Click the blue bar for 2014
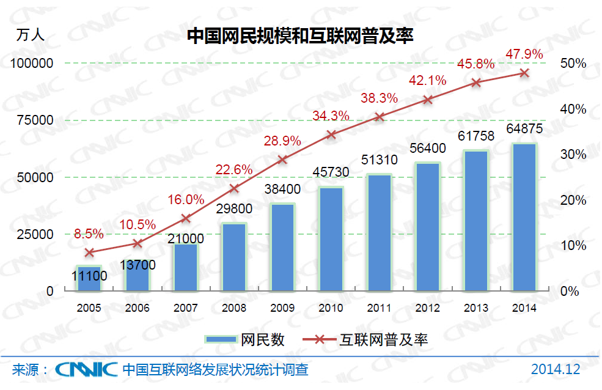524,217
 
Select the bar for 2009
283,247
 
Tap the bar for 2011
380,232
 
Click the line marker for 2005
89,252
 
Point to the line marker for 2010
331,134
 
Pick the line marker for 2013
477,82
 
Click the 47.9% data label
524,54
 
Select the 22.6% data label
234,169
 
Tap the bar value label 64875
524,130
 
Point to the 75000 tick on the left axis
34,120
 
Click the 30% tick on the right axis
573,155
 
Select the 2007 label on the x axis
186,308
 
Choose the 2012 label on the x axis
427,308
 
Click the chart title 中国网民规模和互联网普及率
300,36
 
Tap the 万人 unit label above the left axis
31,35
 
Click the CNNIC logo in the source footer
86,370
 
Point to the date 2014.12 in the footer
555,370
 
